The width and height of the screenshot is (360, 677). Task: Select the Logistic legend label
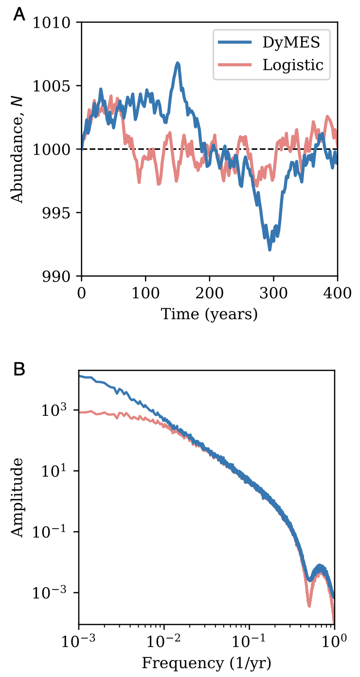point(293,65)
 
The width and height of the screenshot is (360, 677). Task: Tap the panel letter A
point(19,15)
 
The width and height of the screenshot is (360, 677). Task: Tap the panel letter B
point(19,370)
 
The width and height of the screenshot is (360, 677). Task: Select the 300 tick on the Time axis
point(273,292)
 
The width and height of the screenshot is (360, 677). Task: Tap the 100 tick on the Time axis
point(145,292)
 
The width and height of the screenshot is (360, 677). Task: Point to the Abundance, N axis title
point(18,149)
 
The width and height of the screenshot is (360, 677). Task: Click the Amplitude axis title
point(18,497)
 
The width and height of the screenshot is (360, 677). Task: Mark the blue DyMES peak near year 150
point(178,63)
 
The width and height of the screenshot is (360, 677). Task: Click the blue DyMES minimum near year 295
point(270,249)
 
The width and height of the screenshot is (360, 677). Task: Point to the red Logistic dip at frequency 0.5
point(309,606)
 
